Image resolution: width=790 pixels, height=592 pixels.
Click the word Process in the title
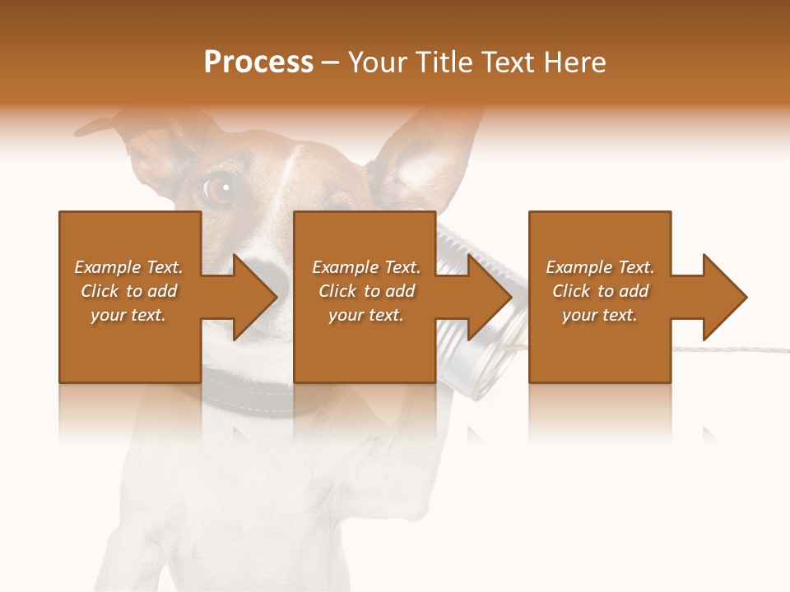[x=258, y=62]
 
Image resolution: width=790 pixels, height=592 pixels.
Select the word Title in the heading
[x=448, y=62]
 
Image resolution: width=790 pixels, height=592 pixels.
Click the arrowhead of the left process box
[x=252, y=297]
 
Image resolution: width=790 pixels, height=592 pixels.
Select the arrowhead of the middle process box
[x=487, y=297]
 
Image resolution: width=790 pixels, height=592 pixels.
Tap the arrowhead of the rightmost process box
[x=723, y=297]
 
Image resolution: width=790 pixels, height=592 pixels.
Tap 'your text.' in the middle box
[x=365, y=315]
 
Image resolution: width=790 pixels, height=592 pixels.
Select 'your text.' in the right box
[x=599, y=315]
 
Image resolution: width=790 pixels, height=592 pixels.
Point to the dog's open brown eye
[x=218, y=188]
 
